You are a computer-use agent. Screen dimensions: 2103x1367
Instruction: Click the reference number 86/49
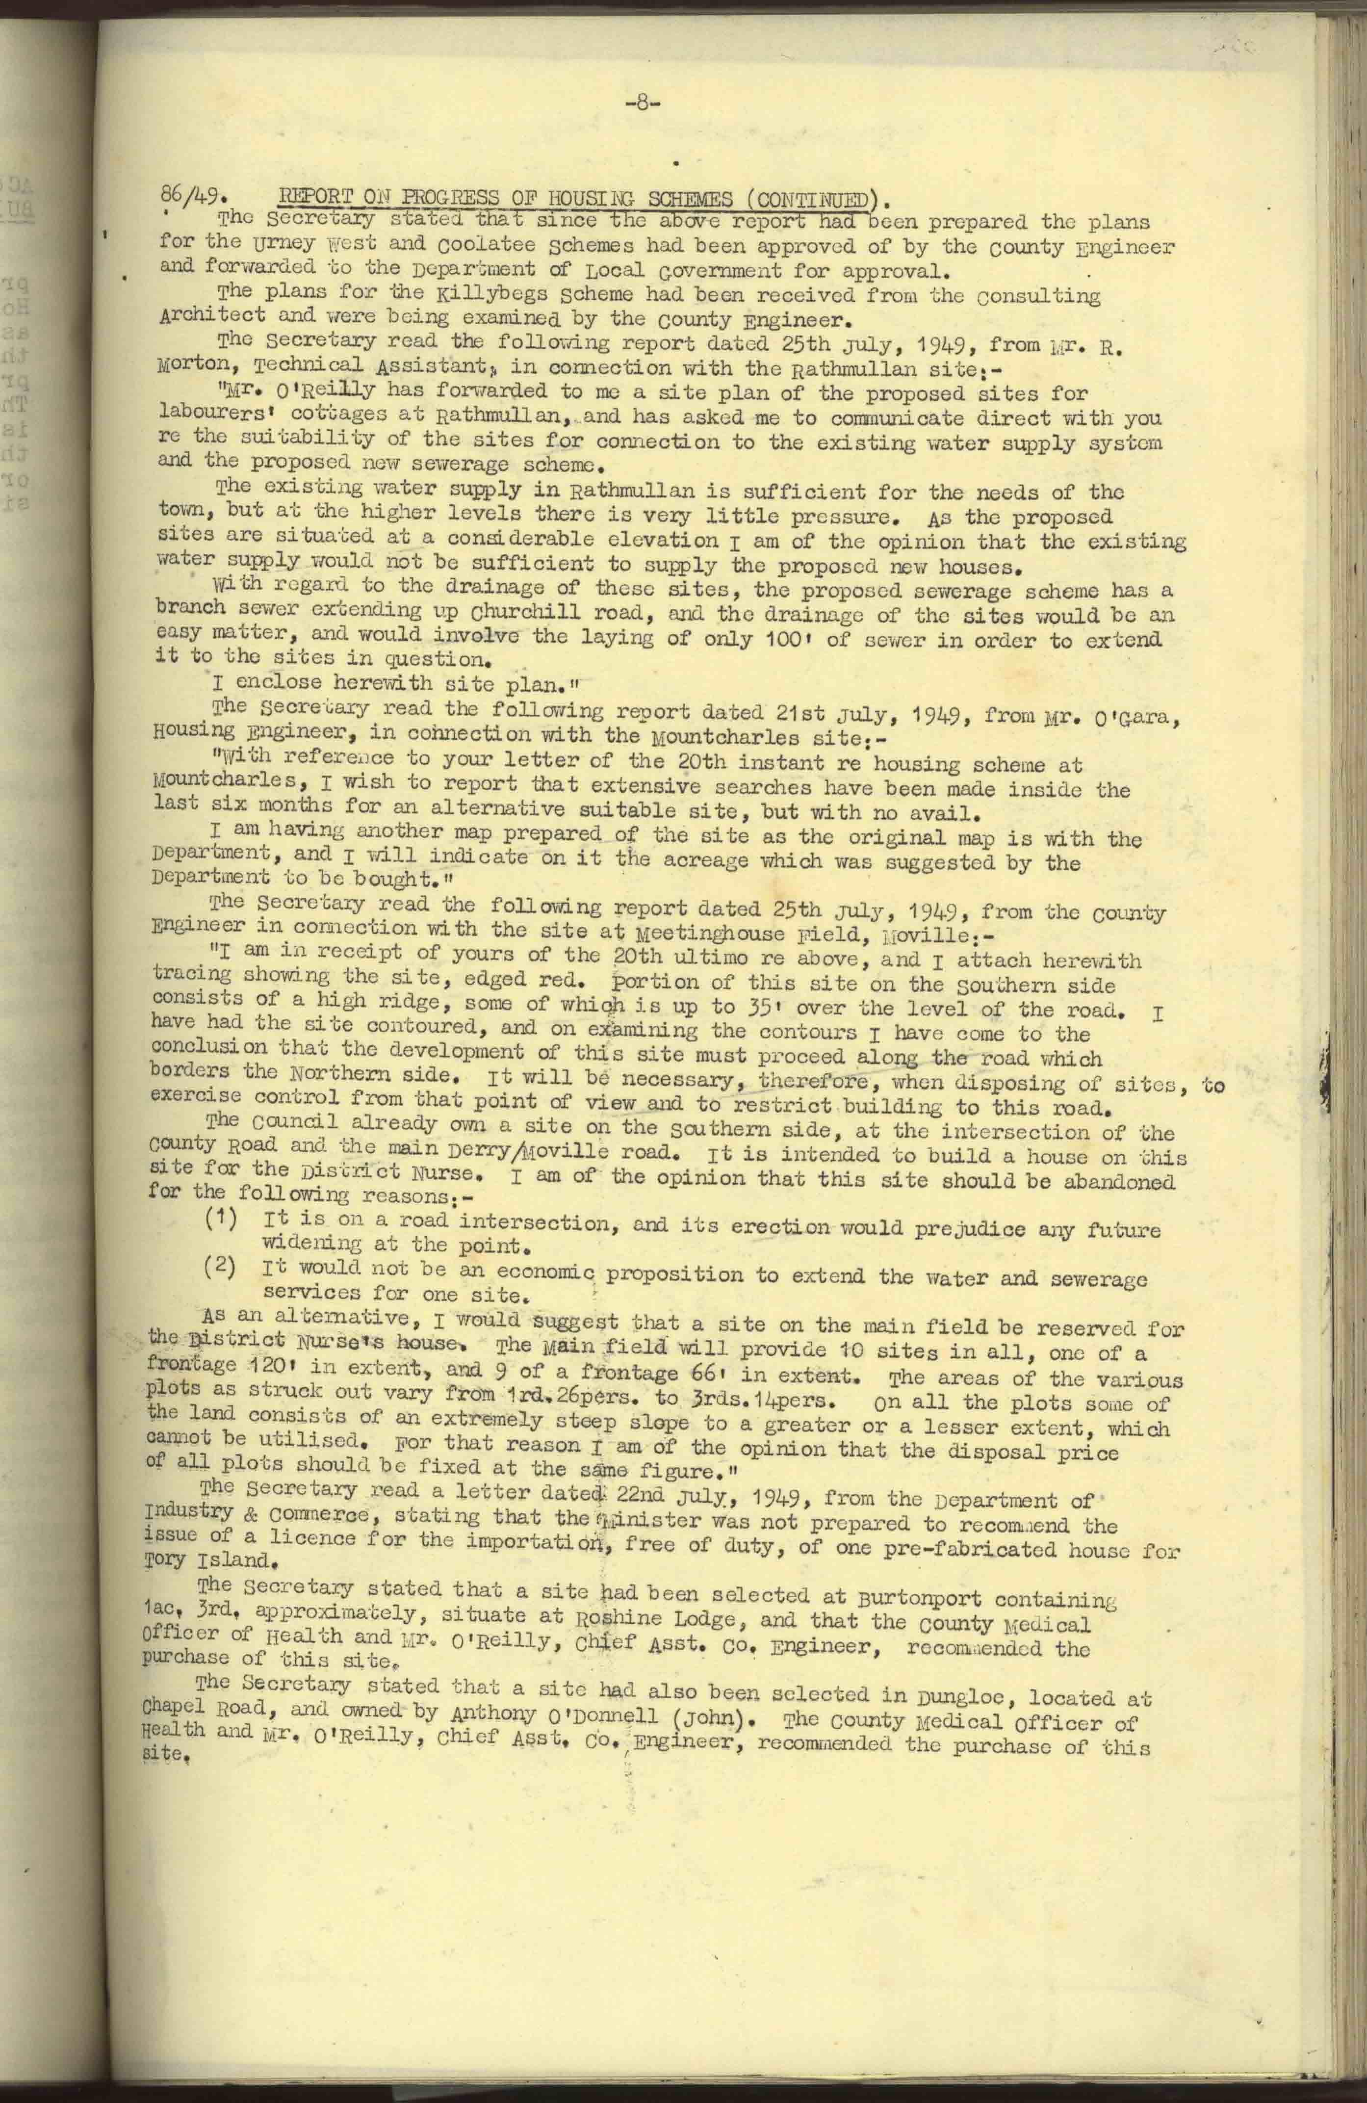195,196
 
